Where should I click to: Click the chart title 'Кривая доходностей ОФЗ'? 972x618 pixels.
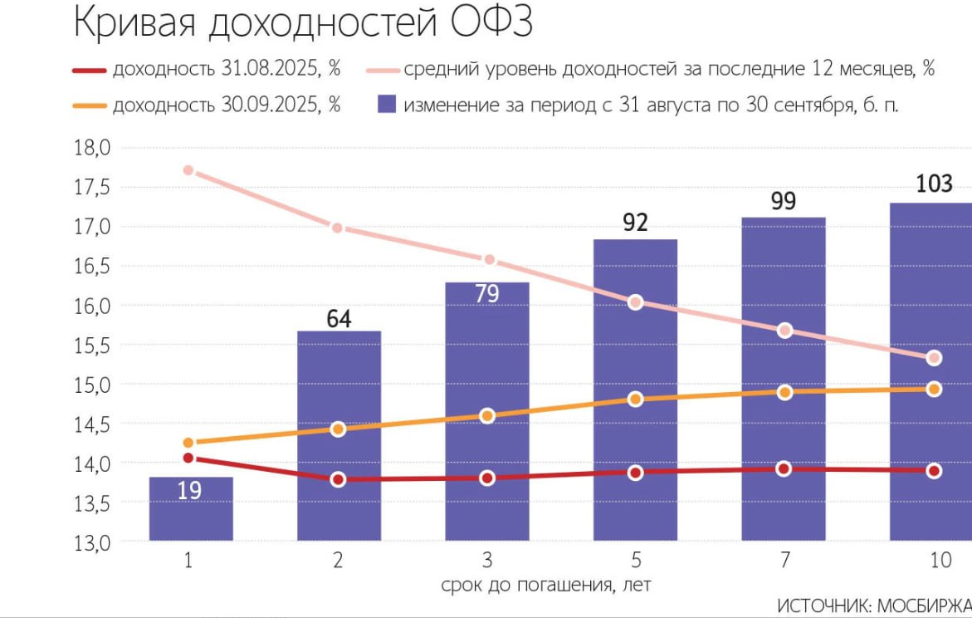(302, 22)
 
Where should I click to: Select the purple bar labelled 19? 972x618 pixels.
(191, 508)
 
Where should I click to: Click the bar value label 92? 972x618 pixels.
(635, 223)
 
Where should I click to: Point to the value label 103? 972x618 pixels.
(934, 184)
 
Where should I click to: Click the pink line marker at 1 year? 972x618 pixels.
(188, 170)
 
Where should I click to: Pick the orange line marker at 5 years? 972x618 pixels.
(636, 399)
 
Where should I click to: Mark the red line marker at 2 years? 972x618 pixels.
(338, 479)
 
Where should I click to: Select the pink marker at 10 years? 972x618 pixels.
(934, 358)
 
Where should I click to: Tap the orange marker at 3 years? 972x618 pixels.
(487, 415)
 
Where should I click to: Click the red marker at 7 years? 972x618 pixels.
(784, 469)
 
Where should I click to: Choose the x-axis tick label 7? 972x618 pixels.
(784, 561)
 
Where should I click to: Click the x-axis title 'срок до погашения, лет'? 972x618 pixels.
(546, 585)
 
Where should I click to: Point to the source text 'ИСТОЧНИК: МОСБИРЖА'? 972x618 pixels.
(873, 605)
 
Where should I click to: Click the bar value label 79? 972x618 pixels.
(487, 293)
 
